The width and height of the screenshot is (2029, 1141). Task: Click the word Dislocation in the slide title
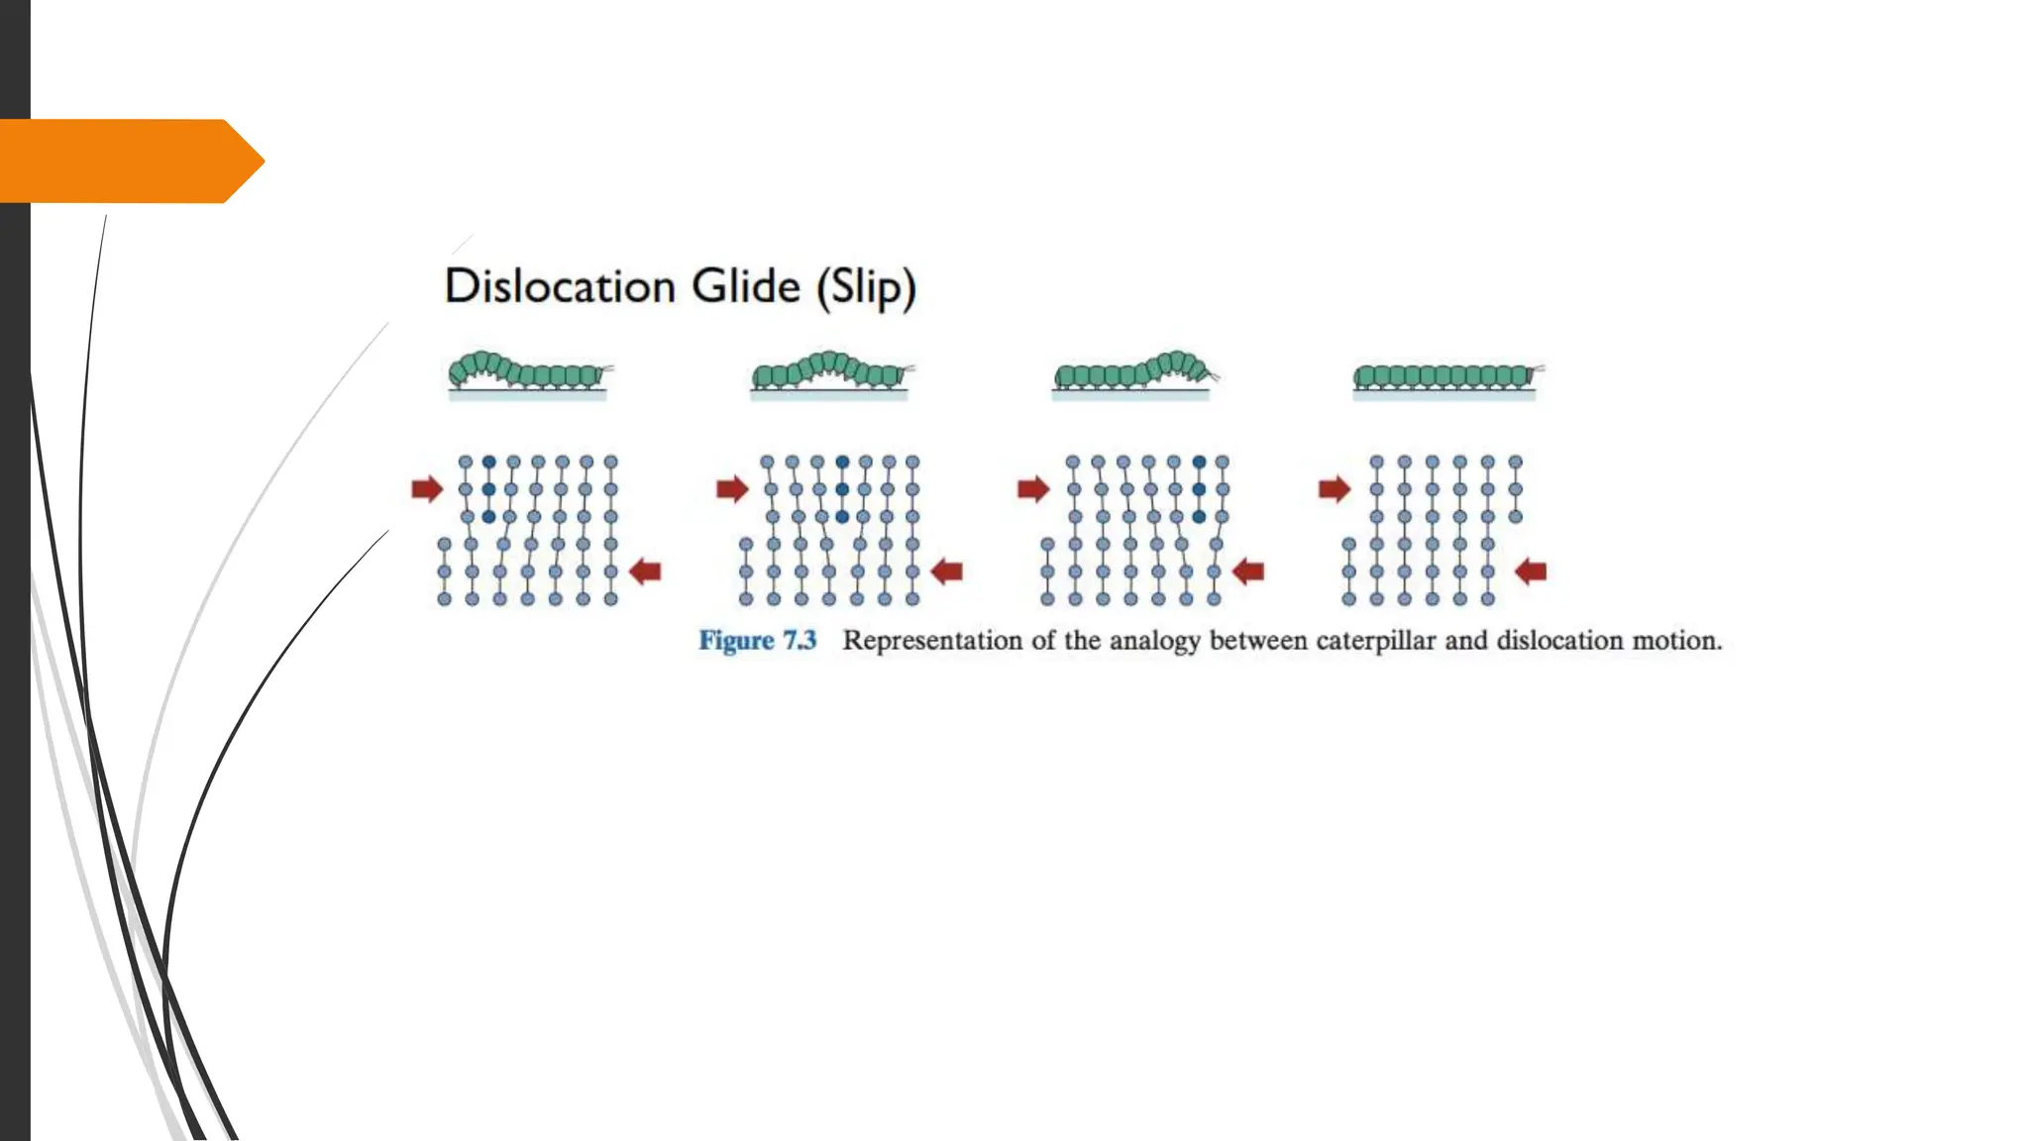click(560, 287)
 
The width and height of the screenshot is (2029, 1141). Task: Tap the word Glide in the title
click(745, 287)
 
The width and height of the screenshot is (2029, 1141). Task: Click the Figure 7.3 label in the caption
click(758, 641)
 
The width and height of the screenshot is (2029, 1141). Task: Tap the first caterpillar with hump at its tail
click(527, 371)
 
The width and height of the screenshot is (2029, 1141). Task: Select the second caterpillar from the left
click(830, 370)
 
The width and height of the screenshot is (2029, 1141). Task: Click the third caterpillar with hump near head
click(1133, 370)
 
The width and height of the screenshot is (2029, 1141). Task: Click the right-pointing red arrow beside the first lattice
click(427, 488)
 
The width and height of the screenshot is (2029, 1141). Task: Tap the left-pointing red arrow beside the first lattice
click(645, 571)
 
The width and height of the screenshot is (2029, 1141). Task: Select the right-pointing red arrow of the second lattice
click(732, 488)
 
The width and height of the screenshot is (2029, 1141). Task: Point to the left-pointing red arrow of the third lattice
click(1248, 571)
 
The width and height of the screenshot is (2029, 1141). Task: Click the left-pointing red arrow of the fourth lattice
click(1531, 571)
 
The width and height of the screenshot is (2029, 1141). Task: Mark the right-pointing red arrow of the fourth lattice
click(1335, 488)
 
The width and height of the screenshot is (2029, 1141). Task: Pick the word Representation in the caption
click(932, 641)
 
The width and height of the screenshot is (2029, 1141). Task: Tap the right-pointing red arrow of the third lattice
click(1033, 488)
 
